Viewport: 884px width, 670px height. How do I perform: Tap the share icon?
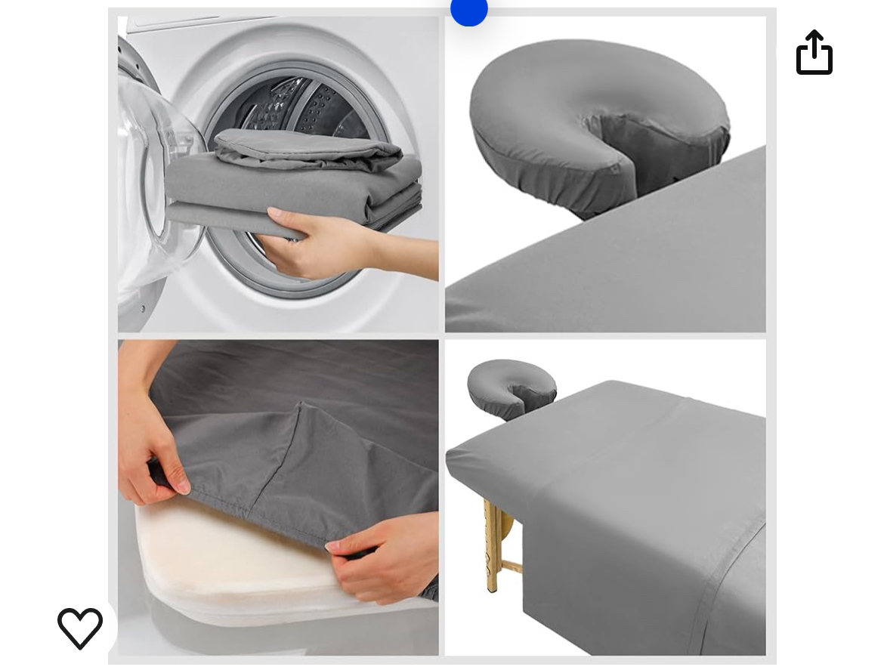tap(814, 53)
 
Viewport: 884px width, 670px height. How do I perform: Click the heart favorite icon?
tap(80, 628)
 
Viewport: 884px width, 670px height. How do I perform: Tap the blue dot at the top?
tap(468, 11)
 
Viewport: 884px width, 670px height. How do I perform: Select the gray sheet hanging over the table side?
tap(642, 574)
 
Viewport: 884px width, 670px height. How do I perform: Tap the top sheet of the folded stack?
tap(310, 147)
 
